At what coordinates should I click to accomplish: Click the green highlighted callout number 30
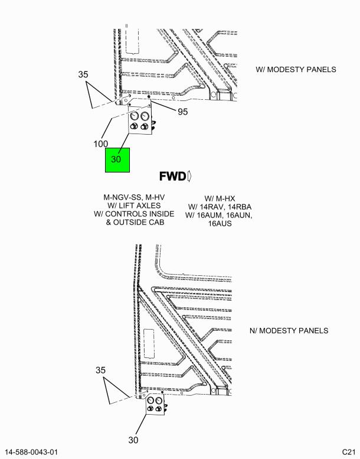(x=116, y=159)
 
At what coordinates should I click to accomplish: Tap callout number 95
(x=183, y=112)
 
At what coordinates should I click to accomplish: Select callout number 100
(x=100, y=144)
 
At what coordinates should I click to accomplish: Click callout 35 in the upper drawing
(x=83, y=74)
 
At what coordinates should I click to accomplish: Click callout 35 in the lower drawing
(x=100, y=370)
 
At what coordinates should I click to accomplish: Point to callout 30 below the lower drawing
(x=133, y=440)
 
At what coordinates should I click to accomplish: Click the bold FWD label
(x=172, y=176)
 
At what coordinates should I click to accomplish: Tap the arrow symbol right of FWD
(x=189, y=176)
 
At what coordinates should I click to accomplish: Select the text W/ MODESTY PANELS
(x=296, y=69)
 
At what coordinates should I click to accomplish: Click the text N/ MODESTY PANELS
(x=289, y=330)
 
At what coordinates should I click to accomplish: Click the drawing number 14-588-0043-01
(x=32, y=452)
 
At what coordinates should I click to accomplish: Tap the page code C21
(x=349, y=452)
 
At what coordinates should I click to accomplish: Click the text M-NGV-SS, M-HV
(x=134, y=197)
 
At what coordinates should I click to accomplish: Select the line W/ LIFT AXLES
(x=134, y=206)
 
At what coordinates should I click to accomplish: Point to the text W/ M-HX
(x=220, y=198)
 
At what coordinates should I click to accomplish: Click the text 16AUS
(x=220, y=224)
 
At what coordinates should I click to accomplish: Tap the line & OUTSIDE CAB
(x=135, y=222)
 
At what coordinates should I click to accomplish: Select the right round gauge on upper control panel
(x=145, y=116)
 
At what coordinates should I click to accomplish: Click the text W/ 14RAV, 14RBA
(x=220, y=207)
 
